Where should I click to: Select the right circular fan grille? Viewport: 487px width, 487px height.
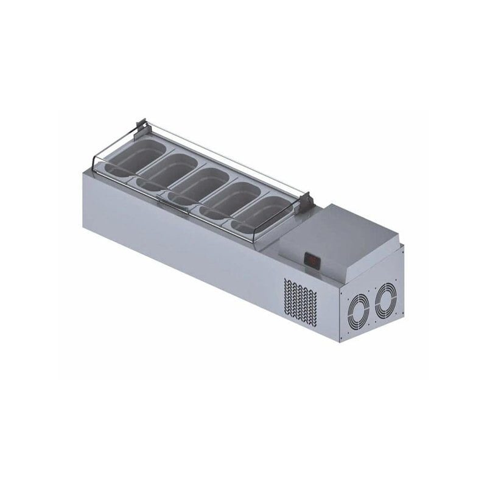coord(385,299)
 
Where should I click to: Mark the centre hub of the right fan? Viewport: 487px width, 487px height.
coord(385,299)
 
